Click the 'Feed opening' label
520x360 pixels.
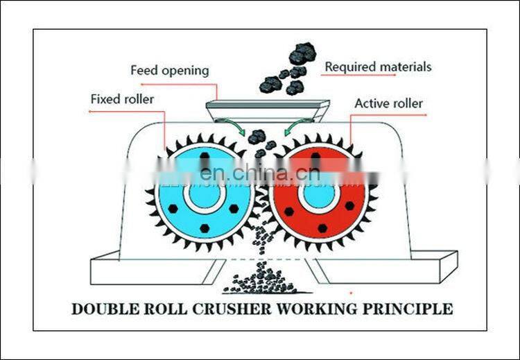click(x=169, y=71)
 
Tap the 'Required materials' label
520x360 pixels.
click(x=378, y=67)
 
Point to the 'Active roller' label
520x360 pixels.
click(x=388, y=103)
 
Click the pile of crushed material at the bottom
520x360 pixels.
click(x=260, y=282)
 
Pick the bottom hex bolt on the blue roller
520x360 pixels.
click(x=203, y=228)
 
